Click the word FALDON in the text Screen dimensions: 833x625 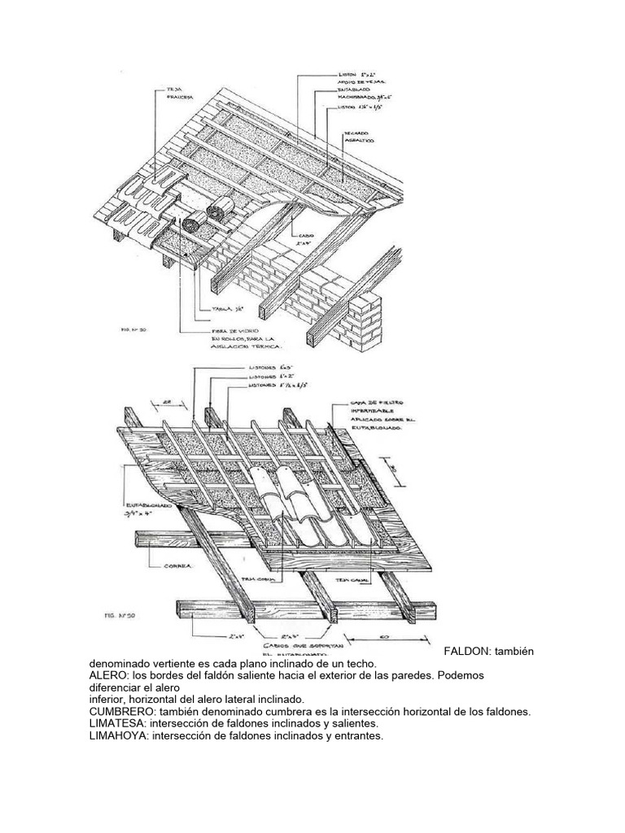click(x=470, y=652)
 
